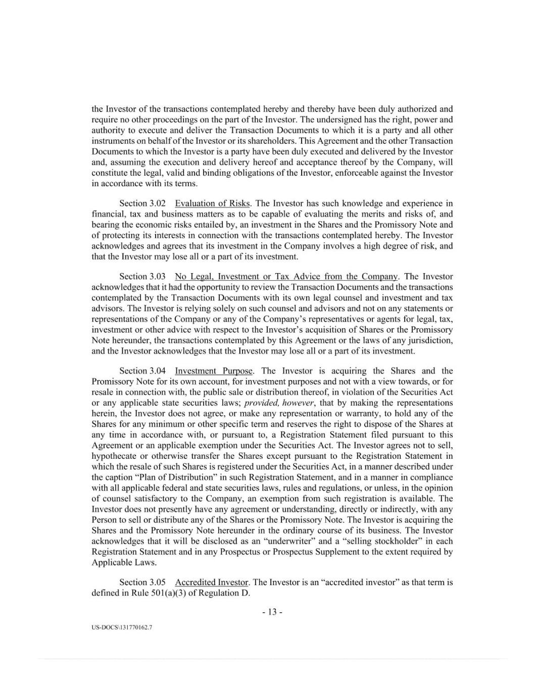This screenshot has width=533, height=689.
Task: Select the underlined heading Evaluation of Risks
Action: click(x=212, y=203)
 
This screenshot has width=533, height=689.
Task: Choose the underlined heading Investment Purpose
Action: click(x=214, y=371)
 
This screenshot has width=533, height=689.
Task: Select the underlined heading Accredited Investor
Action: click(x=212, y=582)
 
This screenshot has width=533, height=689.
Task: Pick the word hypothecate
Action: click(x=114, y=456)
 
